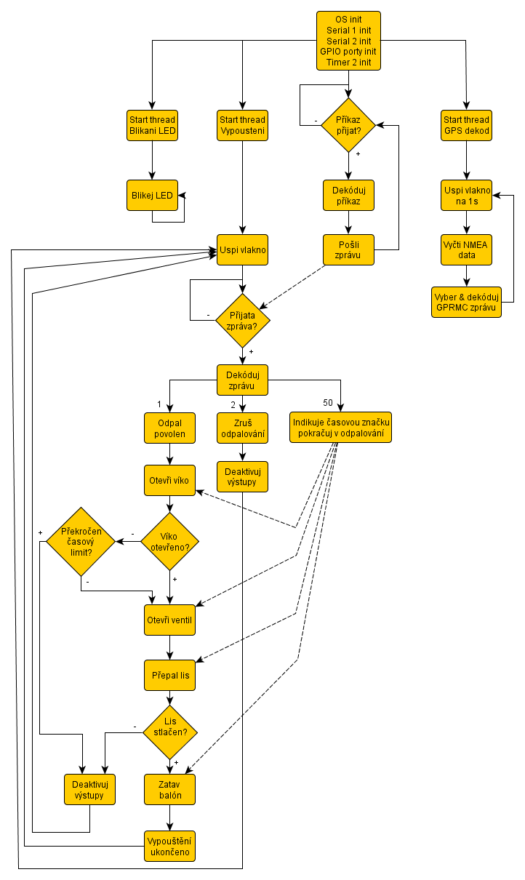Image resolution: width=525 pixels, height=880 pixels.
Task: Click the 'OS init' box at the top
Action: point(348,41)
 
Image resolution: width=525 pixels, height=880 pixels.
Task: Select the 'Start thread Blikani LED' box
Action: point(152,125)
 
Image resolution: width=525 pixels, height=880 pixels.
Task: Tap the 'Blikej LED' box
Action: point(152,195)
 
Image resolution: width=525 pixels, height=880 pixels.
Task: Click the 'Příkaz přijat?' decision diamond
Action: point(348,125)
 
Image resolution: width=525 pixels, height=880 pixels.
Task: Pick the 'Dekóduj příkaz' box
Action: point(348,195)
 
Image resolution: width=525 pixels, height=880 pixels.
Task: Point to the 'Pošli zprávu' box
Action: point(348,249)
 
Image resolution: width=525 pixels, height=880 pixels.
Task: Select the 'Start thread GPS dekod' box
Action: point(466,125)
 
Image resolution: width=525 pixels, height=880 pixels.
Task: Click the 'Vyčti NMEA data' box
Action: point(466,249)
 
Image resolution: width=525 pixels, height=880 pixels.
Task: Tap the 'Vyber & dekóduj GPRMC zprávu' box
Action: point(466,302)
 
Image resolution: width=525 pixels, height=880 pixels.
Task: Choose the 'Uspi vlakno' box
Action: point(243,249)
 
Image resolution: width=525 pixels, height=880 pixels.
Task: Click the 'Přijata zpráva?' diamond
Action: point(243,321)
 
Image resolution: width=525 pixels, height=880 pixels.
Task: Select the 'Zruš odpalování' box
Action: point(243,428)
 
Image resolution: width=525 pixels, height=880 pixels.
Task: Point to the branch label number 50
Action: point(328,404)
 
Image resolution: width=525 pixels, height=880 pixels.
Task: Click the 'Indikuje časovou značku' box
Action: point(340,428)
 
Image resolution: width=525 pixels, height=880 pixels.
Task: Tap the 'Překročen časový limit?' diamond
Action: point(81,542)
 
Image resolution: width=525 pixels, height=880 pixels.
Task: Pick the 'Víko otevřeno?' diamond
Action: point(169,542)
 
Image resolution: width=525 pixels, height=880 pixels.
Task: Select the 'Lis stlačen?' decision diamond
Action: point(169,732)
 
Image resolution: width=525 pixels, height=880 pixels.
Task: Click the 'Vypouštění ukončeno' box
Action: point(169,845)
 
